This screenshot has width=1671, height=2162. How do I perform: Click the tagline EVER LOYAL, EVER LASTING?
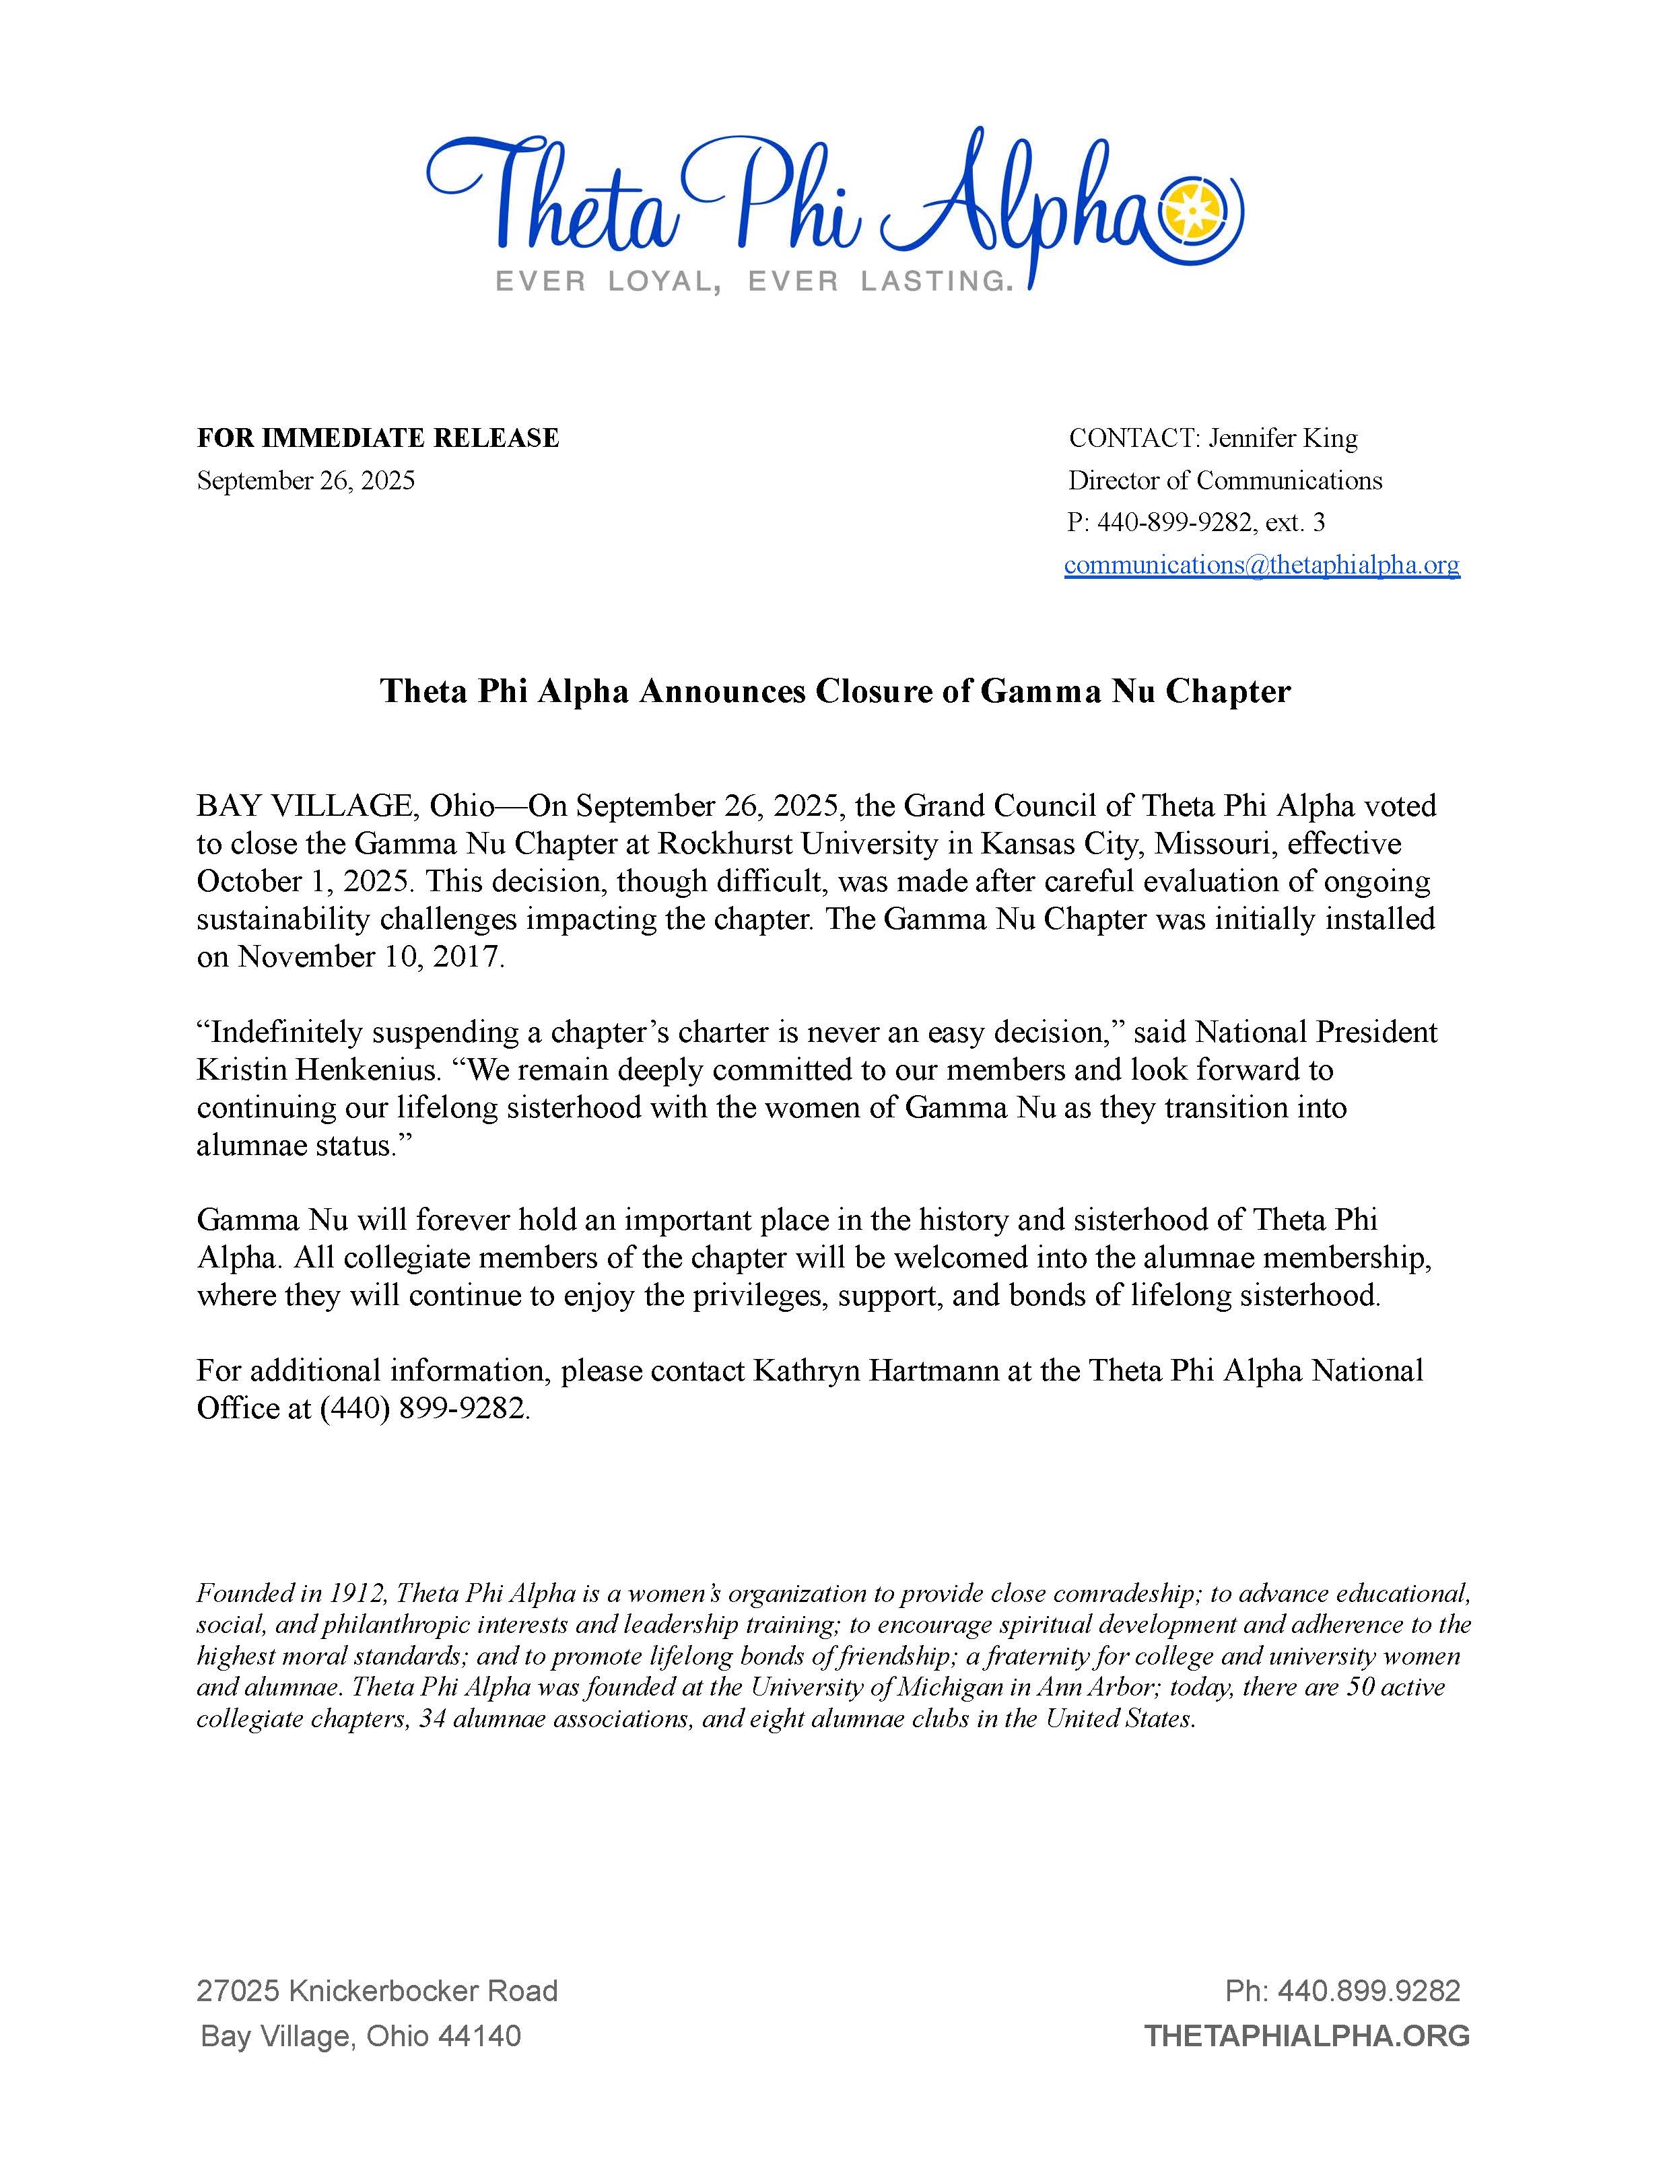coord(754,282)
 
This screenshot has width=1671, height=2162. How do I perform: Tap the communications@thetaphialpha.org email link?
coord(1261,564)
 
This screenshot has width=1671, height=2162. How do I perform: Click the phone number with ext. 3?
coord(1196,522)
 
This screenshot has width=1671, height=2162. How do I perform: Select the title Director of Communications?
coord(1225,480)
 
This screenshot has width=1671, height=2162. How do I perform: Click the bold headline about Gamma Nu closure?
coord(835,691)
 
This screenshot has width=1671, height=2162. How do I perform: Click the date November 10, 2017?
coord(370,957)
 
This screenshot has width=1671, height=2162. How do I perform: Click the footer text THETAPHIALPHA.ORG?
coord(1307,2035)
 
